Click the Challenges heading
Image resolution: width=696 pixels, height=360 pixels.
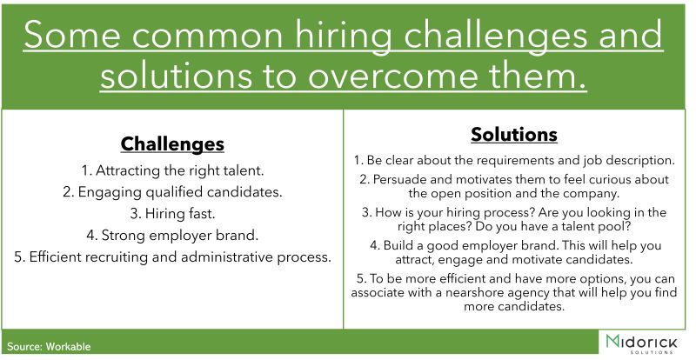172,143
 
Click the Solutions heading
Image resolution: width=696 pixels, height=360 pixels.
514,134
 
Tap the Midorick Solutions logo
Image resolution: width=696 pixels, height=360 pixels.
641,343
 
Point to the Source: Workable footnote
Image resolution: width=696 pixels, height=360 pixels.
49,347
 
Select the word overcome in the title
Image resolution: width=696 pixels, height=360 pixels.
394,76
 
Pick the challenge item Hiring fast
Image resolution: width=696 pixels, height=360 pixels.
172,214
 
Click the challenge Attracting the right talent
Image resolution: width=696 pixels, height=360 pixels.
172,170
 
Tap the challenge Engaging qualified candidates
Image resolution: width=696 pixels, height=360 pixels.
172,192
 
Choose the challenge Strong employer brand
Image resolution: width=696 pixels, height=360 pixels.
172,235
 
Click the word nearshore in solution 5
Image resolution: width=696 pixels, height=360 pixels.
474,292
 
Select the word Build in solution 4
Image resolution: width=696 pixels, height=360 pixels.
398,245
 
